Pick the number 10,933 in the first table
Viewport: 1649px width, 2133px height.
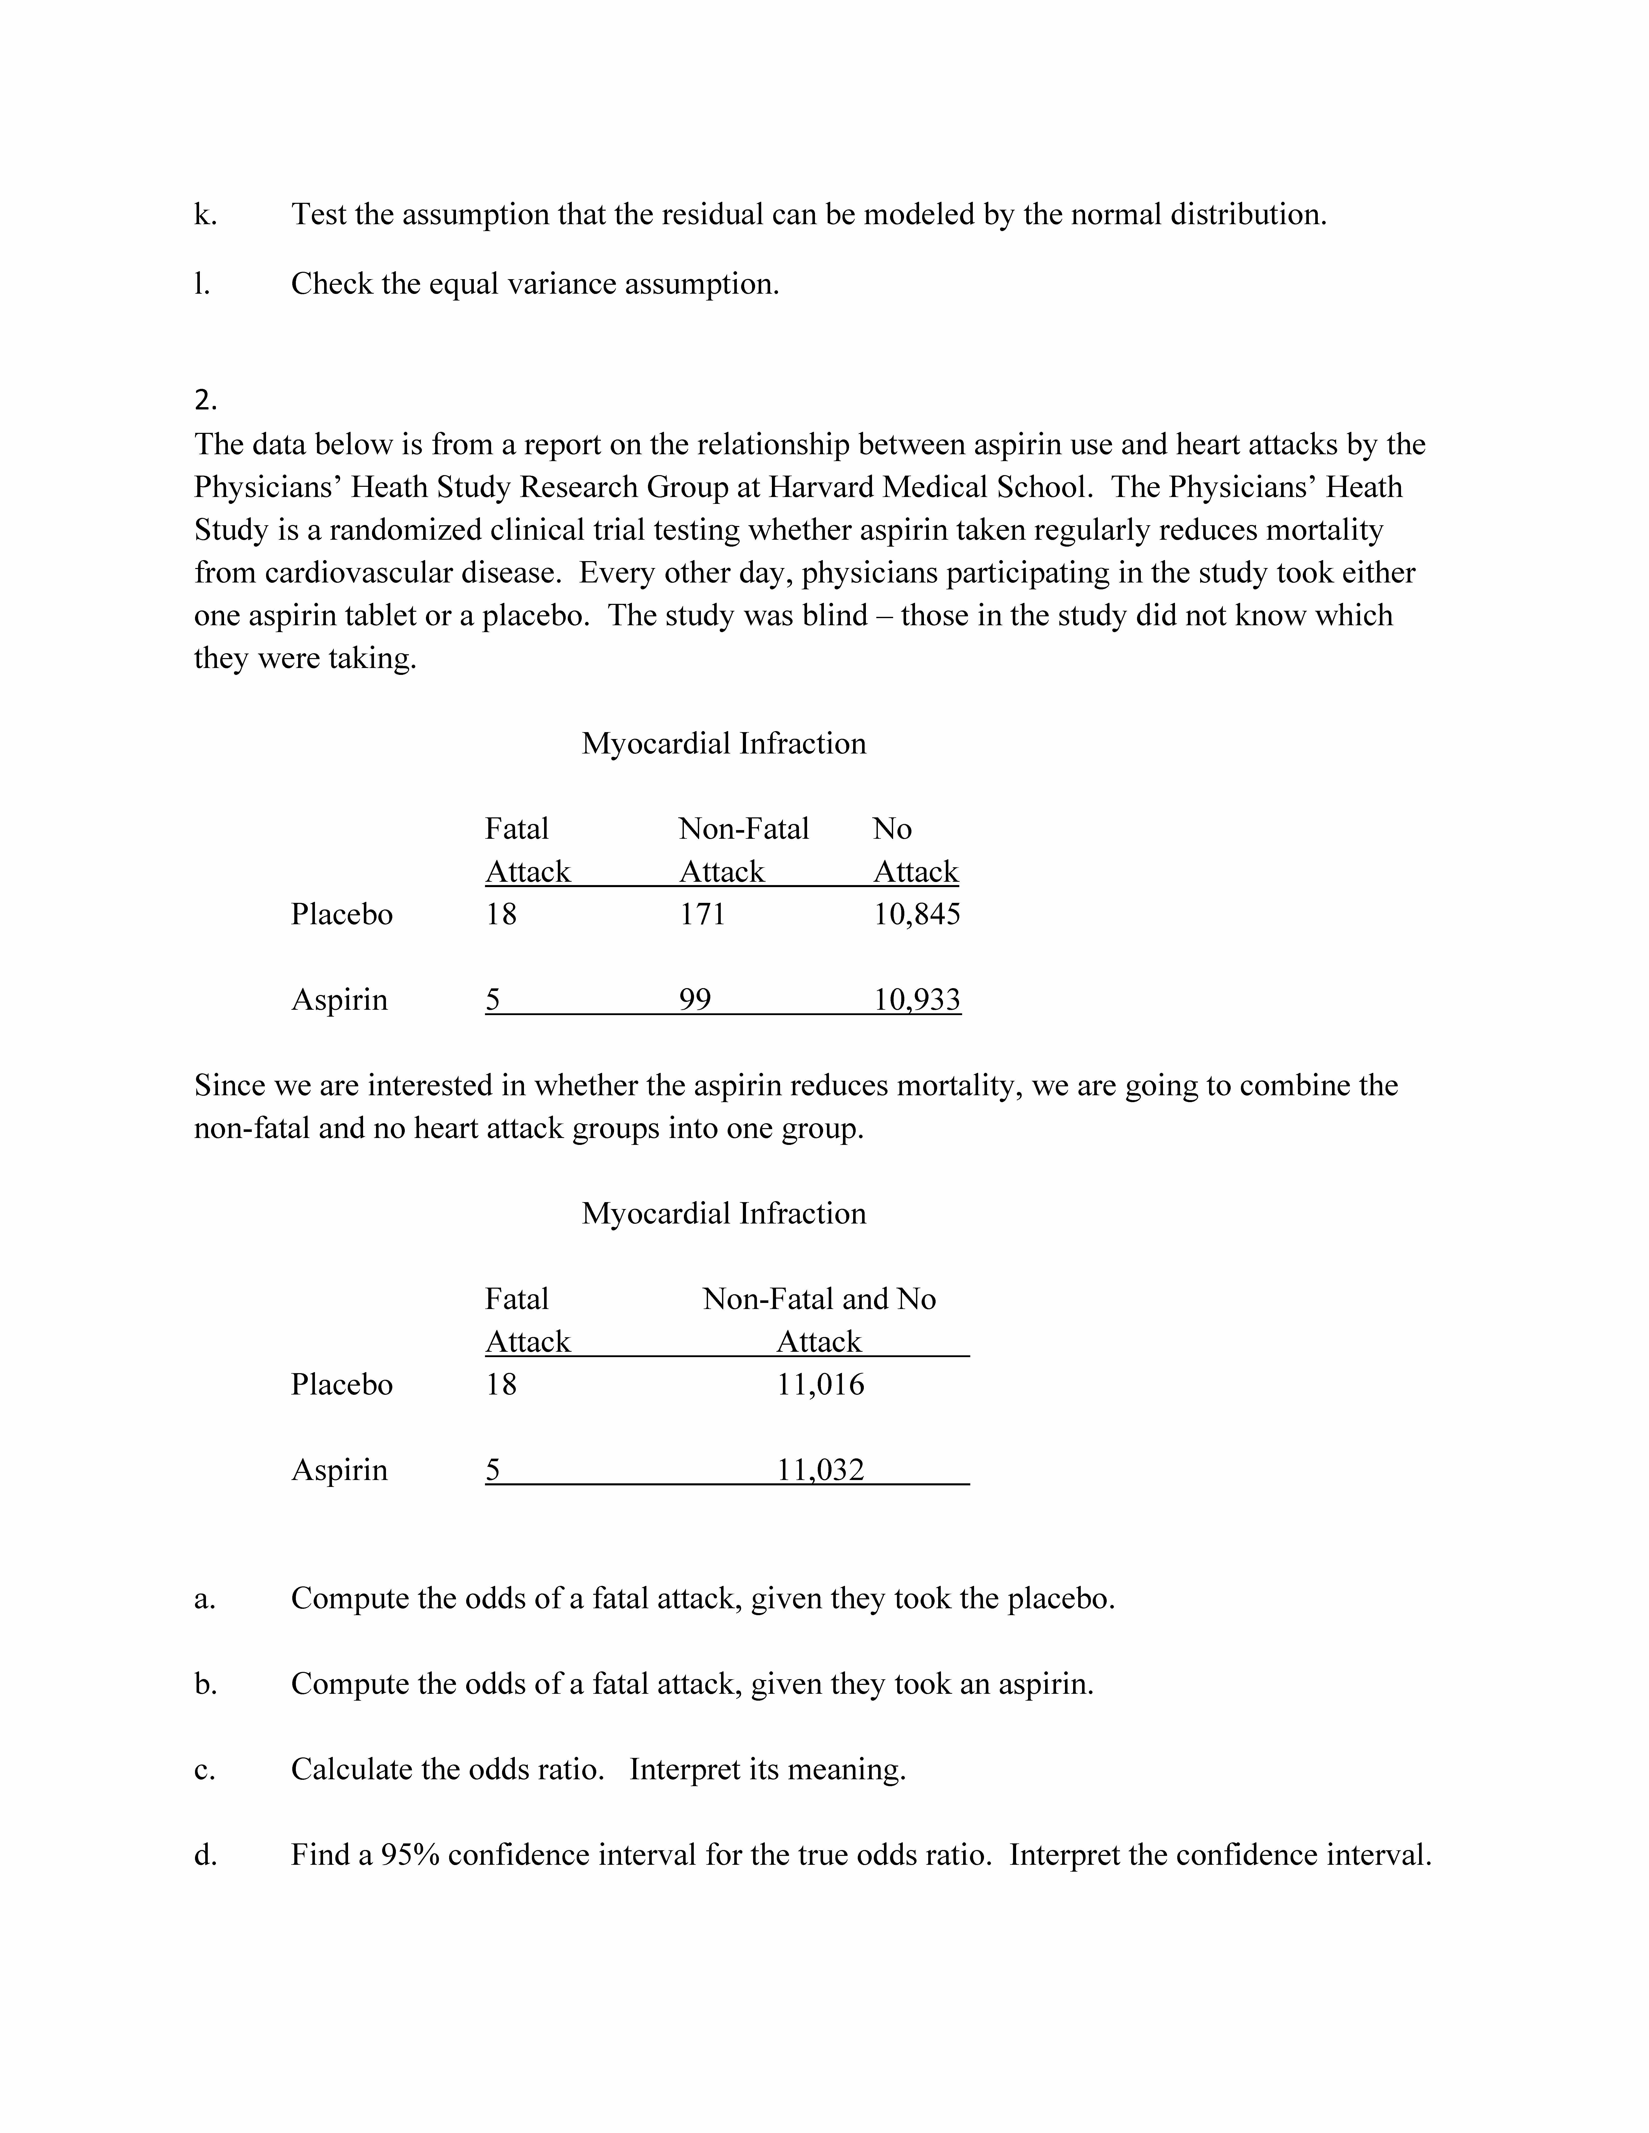[916, 1000]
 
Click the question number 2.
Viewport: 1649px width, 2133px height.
[205, 401]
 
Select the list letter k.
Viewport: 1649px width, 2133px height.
[204, 215]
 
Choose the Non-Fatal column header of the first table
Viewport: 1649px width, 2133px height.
[743, 829]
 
